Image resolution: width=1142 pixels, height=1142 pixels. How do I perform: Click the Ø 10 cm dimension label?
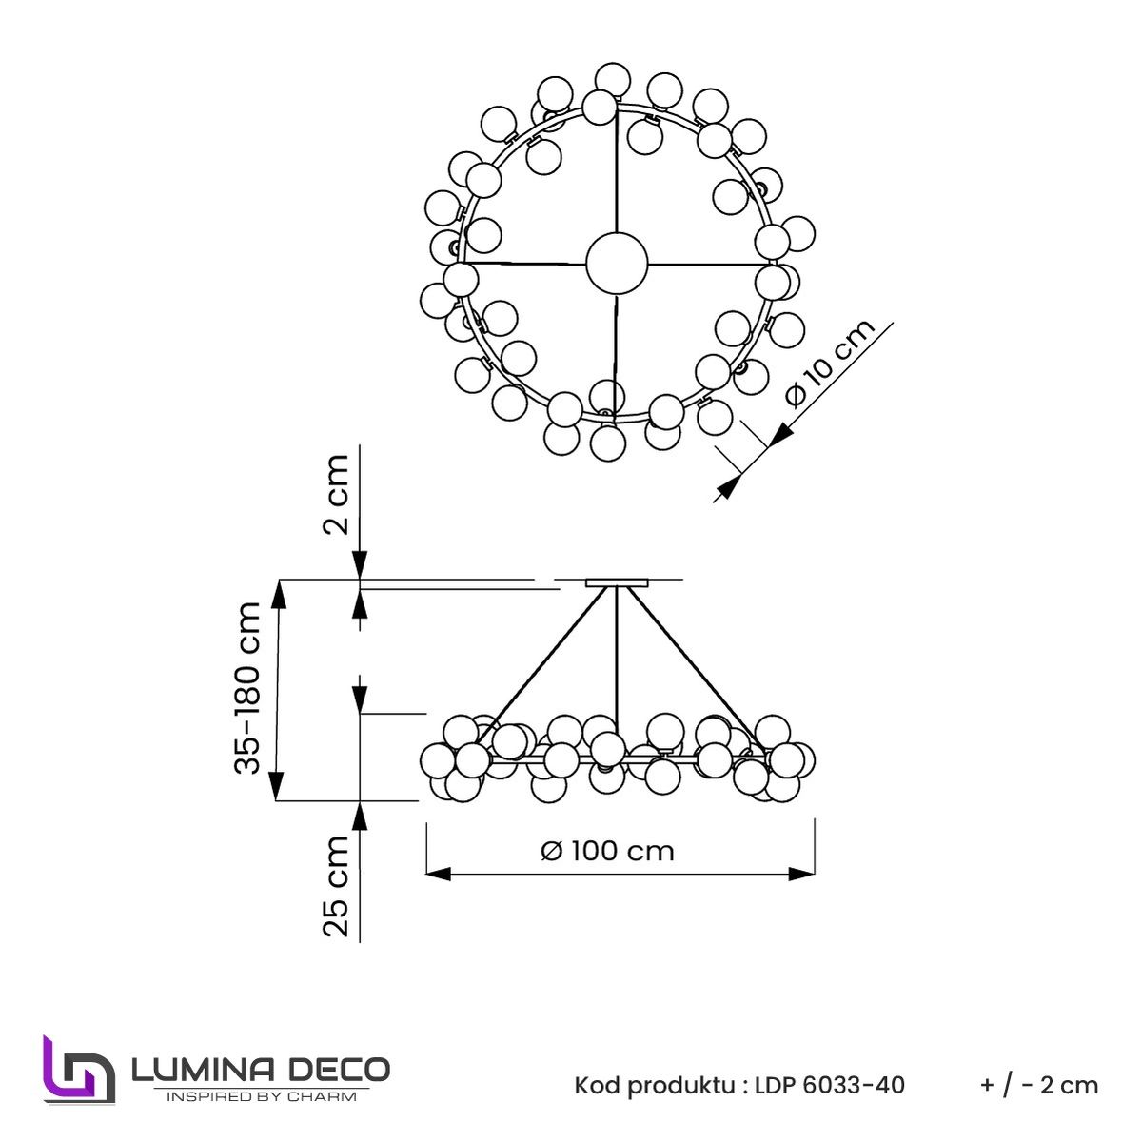(830, 364)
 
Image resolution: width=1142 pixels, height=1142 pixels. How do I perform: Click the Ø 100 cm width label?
(607, 850)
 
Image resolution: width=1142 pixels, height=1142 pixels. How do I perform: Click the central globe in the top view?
(617, 263)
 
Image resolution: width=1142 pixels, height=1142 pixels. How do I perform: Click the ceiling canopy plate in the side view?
(617, 582)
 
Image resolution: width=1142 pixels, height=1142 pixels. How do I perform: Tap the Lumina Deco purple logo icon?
(78, 1069)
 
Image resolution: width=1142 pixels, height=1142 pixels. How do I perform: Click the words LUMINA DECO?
(260, 1069)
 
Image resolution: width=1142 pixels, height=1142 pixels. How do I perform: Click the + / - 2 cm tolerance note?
(1039, 1085)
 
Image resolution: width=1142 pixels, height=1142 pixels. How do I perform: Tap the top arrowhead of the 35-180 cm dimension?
(278, 594)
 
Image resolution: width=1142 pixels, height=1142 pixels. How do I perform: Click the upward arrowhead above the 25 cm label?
(360, 816)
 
